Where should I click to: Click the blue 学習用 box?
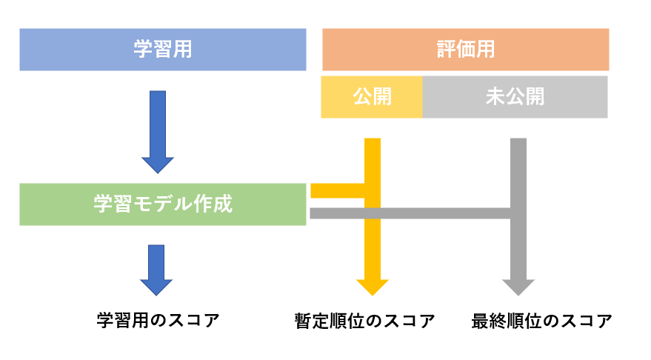(162, 50)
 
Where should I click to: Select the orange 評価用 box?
(465, 50)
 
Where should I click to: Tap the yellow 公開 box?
(372, 97)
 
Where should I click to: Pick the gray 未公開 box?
(515, 97)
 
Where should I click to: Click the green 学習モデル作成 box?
(162, 204)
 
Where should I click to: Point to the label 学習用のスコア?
(158, 321)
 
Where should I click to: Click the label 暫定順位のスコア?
(364, 321)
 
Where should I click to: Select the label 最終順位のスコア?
(541, 321)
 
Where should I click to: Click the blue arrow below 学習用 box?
(158, 130)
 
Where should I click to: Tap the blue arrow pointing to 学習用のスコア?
(156, 270)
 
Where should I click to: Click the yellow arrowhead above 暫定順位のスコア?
(372, 287)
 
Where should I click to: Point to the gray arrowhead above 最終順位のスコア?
(518, 287)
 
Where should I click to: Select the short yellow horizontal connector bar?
(337, 190)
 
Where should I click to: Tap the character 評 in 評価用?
(446, 50)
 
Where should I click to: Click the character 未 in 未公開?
(495, 97)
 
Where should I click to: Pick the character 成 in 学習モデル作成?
(223, 204)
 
